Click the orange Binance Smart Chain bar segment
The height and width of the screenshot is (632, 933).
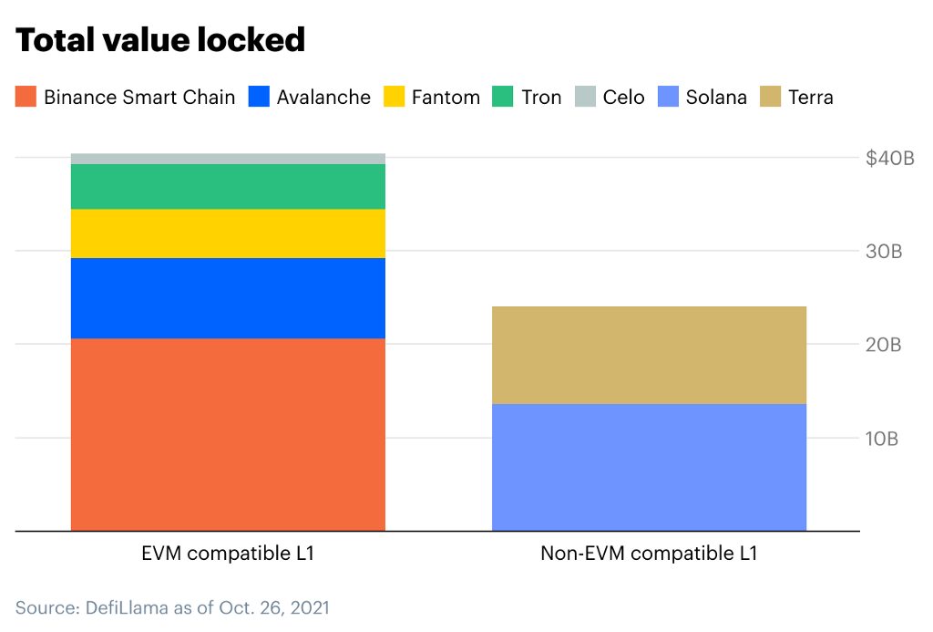pos(228,434)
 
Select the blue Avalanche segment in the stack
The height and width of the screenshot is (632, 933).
pos(228,298)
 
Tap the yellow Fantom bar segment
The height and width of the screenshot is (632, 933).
pos(228,233)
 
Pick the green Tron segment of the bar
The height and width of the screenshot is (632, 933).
pos(228,186)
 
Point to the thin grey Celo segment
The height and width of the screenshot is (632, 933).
pos(228,159)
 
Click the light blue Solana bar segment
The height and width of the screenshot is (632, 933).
pos(649,467)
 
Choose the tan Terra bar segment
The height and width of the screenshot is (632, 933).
pos(649,355)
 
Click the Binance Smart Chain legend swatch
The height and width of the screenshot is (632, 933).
pos(26,97)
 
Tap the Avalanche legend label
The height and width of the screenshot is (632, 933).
pos(323,97)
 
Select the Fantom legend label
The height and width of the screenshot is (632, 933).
pos(446,97)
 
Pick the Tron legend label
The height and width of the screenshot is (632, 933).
pos(541,97)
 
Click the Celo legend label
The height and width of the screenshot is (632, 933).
pos(623,97)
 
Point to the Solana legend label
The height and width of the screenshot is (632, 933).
pos(716,97)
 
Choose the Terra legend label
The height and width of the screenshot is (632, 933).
pos(811,97)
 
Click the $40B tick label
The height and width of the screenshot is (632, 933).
pos(889,159)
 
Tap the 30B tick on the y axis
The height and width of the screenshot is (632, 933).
pos(884,252)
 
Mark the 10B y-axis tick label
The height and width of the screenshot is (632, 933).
pos(882,439)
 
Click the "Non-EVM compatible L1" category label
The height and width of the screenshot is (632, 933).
pos(649,553)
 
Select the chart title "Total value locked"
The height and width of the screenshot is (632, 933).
pos(160,40)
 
